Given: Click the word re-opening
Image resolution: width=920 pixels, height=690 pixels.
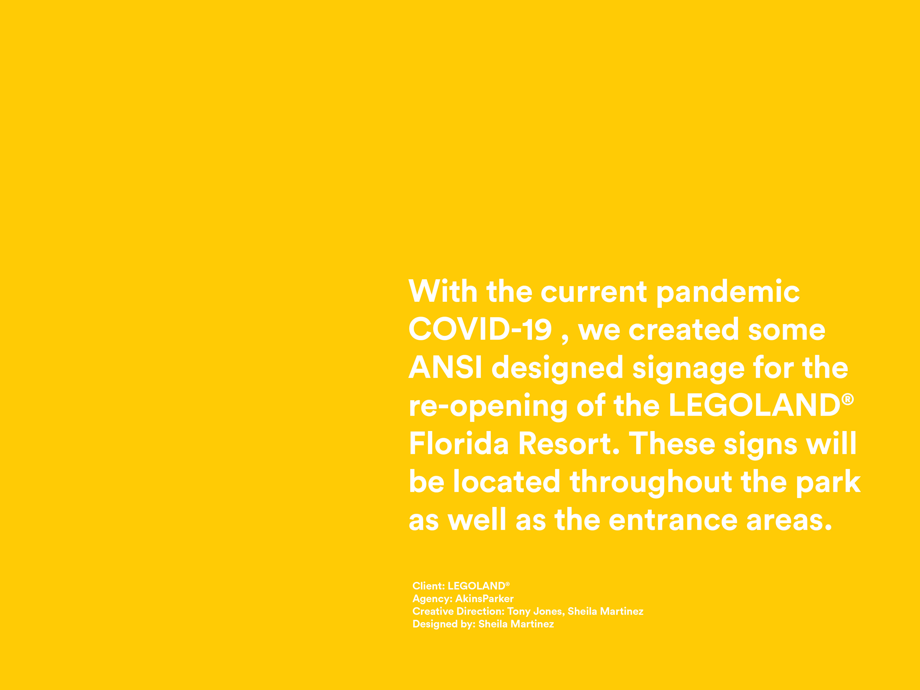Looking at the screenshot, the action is pos(488,408).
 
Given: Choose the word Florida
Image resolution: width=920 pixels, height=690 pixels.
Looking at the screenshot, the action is pos(459,443).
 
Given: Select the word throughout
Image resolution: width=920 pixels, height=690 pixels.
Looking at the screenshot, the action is pos(651,483).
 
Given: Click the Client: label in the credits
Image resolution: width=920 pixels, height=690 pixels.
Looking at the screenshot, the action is pos(428,586).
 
